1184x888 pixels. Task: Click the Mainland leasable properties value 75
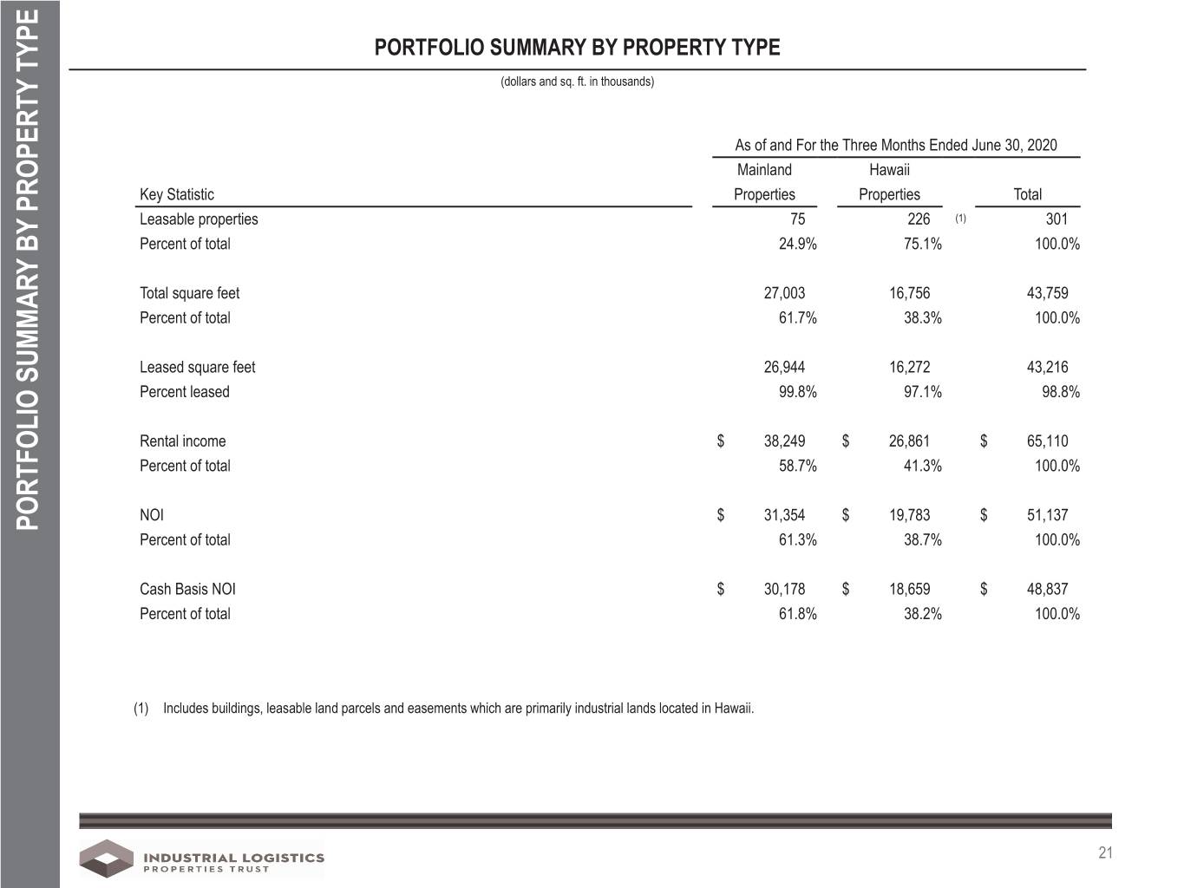797,219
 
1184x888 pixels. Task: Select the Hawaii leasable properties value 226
919,219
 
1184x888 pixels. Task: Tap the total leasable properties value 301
1056,219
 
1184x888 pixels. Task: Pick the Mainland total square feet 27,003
784,293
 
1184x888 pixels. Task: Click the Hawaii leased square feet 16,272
909,367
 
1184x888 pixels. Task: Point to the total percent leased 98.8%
1061,392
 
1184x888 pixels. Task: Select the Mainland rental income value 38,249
784,441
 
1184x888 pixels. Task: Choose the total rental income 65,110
1047,441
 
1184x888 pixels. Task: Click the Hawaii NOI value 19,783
909,515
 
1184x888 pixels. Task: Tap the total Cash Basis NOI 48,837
1047,589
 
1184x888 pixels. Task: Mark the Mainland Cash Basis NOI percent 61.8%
797,614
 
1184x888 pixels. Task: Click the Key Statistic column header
177,194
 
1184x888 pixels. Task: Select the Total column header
1028,194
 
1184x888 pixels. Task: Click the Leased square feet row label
198,367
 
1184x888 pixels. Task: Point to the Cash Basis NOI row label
187,589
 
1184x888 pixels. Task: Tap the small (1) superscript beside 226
960,219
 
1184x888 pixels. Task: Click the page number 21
1105,852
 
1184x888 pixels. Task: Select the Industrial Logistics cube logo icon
107,858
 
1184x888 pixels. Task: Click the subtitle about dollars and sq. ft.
577,82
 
